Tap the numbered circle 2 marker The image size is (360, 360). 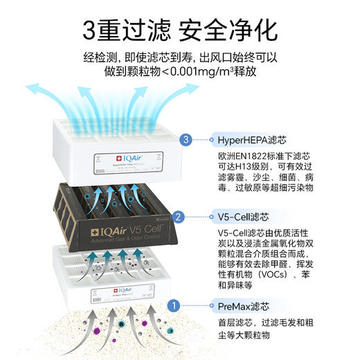pos(179,217)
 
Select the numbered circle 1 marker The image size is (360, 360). pos(174,305)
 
